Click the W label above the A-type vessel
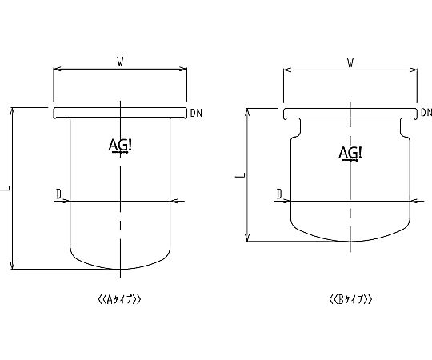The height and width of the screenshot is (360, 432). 120,62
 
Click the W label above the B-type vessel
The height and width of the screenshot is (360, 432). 350,63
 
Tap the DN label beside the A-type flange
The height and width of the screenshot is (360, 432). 196,113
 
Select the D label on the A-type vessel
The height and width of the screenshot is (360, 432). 58,194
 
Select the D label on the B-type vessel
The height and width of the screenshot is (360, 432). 279,194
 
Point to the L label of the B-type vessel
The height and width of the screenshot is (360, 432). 240,175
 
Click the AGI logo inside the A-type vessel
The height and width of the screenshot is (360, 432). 120,145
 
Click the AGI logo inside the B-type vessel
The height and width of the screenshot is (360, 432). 350,153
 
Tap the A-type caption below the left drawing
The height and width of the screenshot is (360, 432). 119,299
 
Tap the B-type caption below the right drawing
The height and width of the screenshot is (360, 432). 350,299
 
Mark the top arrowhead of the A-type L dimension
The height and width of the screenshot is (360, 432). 12,110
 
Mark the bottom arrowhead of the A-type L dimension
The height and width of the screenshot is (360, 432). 12,266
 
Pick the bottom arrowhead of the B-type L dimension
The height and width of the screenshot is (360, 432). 247,238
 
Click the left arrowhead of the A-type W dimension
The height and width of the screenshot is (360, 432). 57,69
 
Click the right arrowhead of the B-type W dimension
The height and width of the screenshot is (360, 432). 414,70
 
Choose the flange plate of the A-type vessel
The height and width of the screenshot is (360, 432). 120,113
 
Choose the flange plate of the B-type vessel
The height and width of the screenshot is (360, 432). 350,114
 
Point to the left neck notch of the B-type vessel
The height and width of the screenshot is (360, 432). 296,128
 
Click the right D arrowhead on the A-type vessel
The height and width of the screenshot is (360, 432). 174,201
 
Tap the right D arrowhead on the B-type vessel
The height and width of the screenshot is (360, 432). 414,201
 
